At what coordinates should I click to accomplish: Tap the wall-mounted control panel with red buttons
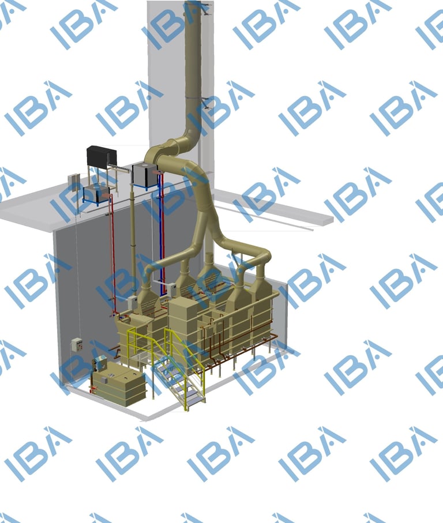[x=77, y=345]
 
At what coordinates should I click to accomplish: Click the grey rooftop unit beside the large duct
[x=145, y=175]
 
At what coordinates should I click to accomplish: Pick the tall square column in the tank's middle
[x=183, y=330]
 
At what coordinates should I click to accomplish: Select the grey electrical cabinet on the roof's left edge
[x=74, y=182]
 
